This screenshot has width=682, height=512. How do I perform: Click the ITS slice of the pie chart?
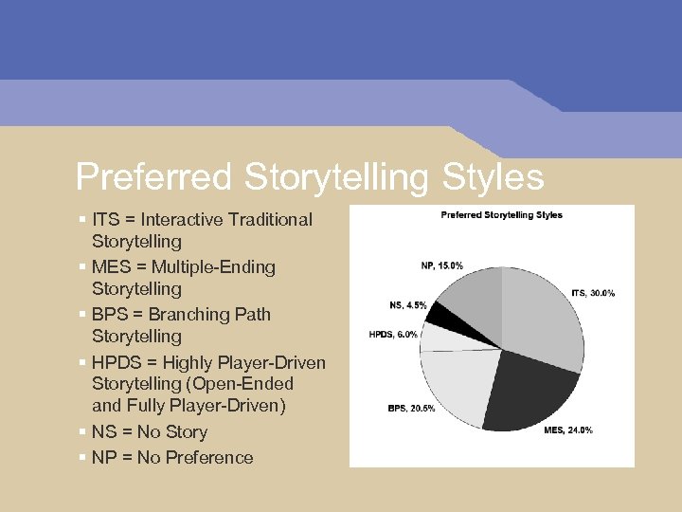[x=545, y=308]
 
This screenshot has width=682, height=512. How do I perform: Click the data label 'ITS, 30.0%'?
[x=593, y=293]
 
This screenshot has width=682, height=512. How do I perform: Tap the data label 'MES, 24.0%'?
[x=568, y=430]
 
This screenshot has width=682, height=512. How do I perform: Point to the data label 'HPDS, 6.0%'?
[x=393, y=335]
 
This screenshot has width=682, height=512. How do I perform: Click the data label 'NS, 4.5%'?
[x=408, y=305]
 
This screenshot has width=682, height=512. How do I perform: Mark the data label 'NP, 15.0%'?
[x=442, y=265]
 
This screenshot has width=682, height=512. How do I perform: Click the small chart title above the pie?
[x=502, y=215]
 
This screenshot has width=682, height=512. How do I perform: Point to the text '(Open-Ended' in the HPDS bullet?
[x=241, y=384]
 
